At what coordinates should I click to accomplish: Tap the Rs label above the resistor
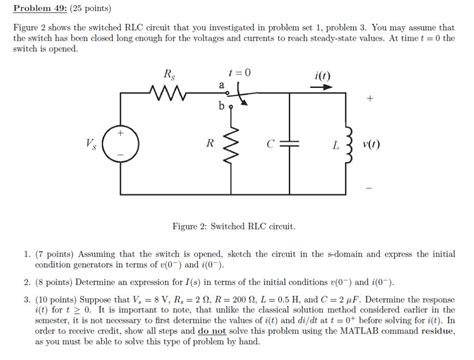[170, 75]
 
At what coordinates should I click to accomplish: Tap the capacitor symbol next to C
[290, 144]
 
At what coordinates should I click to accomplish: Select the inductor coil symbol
[348, 144]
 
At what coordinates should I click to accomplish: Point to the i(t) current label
[322, 75]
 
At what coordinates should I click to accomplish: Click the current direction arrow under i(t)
[322, 88]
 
